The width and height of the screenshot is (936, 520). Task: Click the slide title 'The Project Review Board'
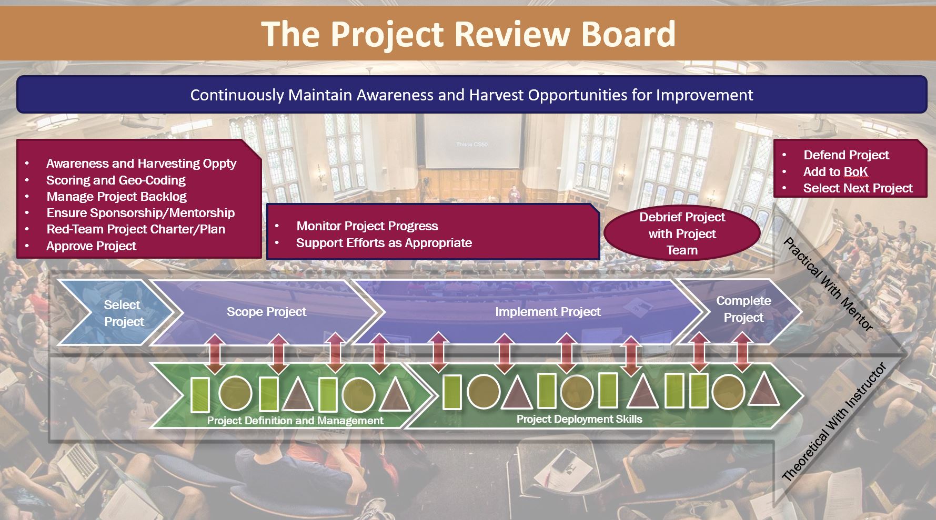(x=468, y=34)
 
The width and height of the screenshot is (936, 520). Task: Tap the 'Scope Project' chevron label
(x=266, y=312)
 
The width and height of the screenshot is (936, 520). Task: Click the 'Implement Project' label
(x=548, y=312)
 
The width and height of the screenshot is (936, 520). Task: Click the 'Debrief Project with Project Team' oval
(x=682, y=233)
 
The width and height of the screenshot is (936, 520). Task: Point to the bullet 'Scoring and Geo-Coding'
(x=116, y=180)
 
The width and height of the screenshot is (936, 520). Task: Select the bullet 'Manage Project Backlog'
(x=116, y=197)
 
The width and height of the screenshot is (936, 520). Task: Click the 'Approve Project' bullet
(x=91, y=246)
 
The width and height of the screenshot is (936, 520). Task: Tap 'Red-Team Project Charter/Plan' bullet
(x=136, y=229)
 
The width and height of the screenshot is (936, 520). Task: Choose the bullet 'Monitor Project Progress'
(x=367, y=226)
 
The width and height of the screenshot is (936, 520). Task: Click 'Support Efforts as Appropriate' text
(x=384, y=243)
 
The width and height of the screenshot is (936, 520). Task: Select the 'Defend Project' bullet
(x=846, y=155)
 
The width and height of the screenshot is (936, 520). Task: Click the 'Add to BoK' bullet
(x=836, y=172)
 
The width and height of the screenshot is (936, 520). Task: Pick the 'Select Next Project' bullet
(x=858, y=188)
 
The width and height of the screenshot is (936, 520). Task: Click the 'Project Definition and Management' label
(x=295, y=421)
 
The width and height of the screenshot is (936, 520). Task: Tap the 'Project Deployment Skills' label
(x=579, y=419)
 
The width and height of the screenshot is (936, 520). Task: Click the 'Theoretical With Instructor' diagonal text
(x=834, y=422)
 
